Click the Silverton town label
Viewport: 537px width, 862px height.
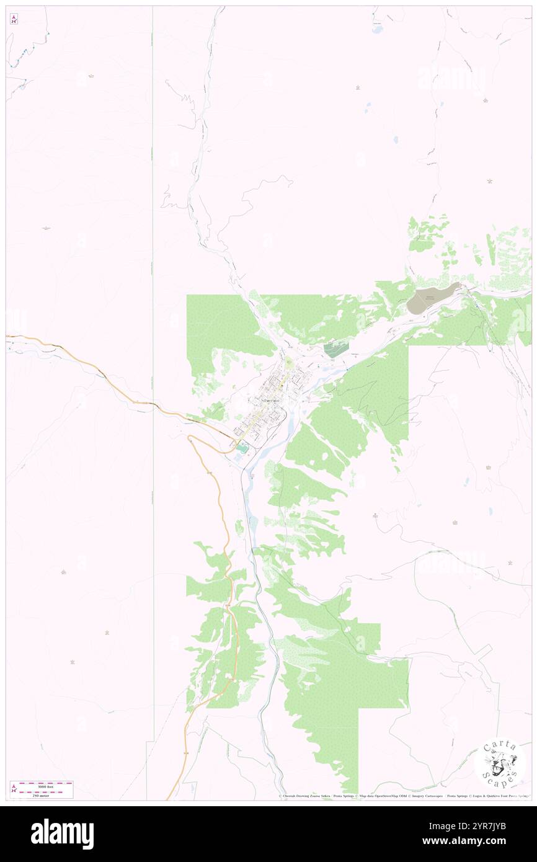(x=271, y=401)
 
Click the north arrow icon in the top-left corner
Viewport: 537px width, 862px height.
(x=14, y=19)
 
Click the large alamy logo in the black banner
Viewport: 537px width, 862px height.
(x=62, y=833)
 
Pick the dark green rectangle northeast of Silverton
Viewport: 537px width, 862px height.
(x=335, y=349)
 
